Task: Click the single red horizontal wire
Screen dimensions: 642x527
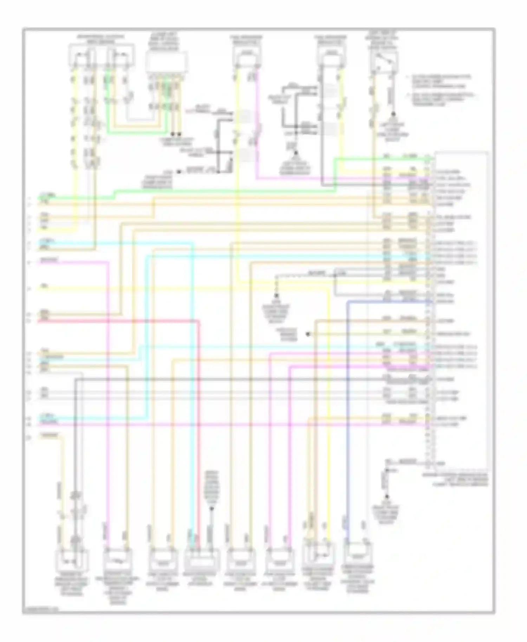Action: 119,321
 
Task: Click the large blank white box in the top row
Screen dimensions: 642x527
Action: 167,63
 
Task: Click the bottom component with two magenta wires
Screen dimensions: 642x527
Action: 280,561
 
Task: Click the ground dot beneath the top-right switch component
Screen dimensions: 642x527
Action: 393,114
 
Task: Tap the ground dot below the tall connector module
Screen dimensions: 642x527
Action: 387,497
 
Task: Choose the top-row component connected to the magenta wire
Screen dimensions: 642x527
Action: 247,55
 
